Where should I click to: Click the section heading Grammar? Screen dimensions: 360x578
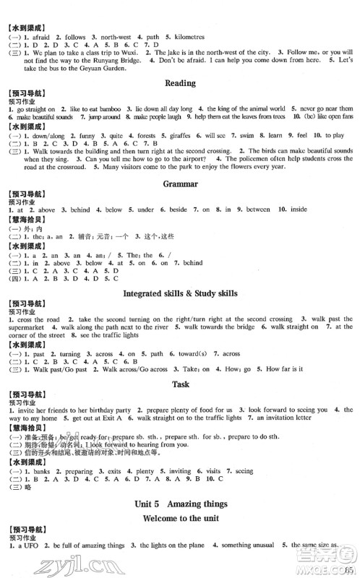[x=180, y=184]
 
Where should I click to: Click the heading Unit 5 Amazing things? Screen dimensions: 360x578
[x=180, y=504]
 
